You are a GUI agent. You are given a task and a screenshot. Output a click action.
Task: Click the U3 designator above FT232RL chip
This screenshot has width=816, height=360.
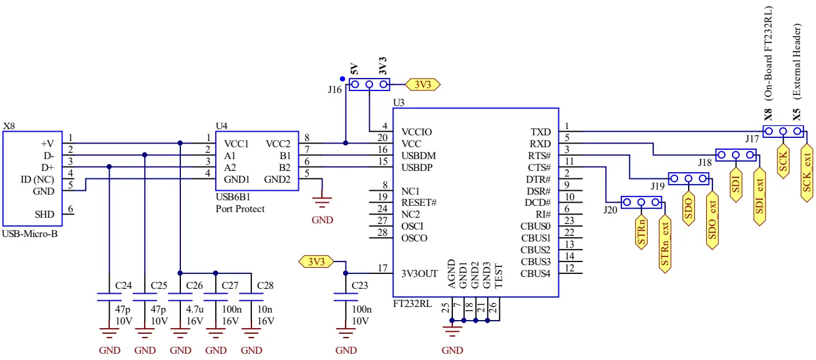[x=399, y=102]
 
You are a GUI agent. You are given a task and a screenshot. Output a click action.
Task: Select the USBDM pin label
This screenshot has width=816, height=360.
[x=419, y=156]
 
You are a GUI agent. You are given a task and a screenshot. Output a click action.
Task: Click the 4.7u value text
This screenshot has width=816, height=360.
[x=195, y=309]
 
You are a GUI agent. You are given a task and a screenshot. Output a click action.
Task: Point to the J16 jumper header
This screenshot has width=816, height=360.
[x=369, y=84]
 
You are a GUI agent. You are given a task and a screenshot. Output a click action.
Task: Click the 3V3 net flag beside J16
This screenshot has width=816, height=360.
[x=423, y=84]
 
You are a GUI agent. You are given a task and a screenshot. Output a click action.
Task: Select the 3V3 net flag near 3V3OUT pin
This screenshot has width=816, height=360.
[x=316, y=261]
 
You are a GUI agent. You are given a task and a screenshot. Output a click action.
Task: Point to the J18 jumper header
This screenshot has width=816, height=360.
[x=736, y=155]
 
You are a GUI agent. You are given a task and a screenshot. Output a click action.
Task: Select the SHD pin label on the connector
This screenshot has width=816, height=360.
[x=44, y=214]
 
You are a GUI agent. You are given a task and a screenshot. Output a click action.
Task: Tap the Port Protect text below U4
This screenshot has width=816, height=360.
[x=240, y=209]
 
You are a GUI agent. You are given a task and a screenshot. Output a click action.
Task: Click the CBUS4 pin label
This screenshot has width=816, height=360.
[x=535, y=273]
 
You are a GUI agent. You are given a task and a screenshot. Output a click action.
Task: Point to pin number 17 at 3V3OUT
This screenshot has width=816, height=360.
[x=383, y=268]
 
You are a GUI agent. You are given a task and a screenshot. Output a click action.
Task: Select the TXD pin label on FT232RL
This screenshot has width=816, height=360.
[x=540, y=132]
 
